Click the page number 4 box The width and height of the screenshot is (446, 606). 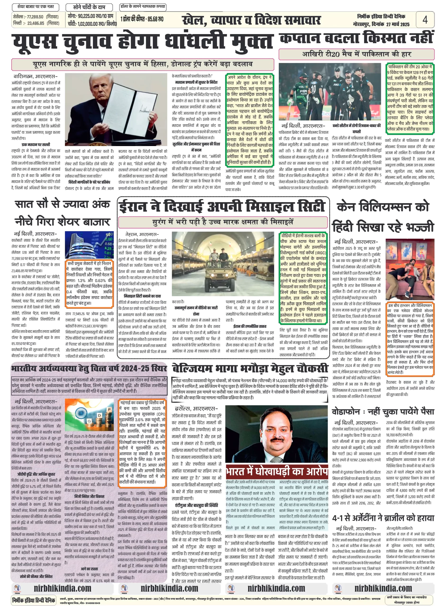pyautogui.click(x=425, y=19)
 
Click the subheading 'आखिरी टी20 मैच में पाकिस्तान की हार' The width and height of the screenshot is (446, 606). pyautogui.click(x=356, y=54)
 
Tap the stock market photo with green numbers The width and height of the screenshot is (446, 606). pyautogui.click(x=89, y=245)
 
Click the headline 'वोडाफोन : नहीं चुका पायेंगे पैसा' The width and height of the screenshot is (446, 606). pyautogui.click(x=383, y=412)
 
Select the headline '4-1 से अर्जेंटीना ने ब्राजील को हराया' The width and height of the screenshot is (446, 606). pyautogui.click(x=383, y=518)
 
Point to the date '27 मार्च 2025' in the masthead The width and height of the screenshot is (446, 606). pyautogui.click(x=397, y=24)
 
